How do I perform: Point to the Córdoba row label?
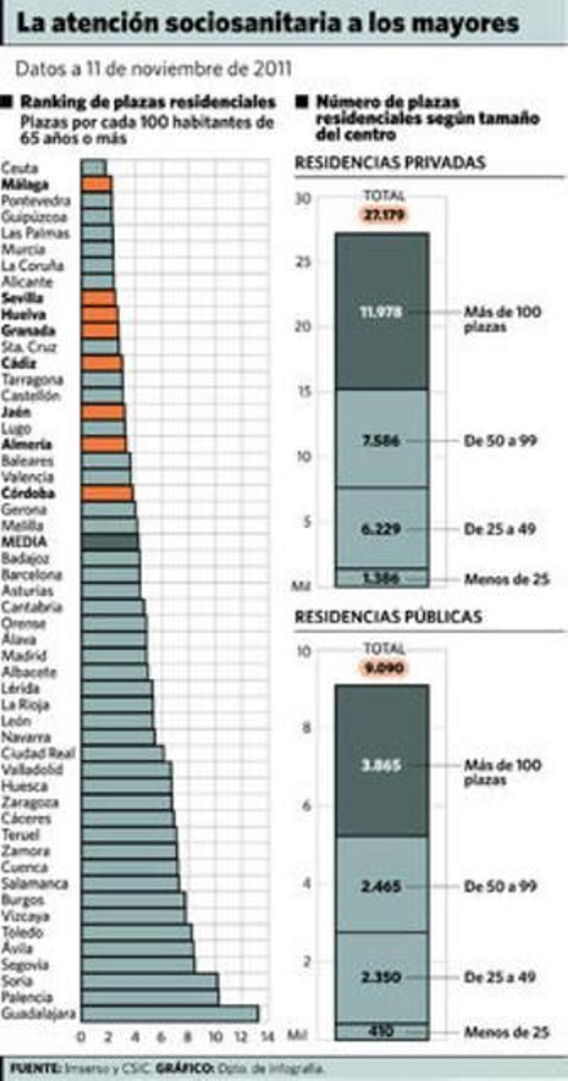point(28,493)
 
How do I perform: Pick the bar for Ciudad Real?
point(122,753)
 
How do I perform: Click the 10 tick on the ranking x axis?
point(215,1037)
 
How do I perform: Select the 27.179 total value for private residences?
point(384,215)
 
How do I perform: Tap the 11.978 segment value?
point(381,312)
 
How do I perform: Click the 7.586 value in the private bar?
point(381,441)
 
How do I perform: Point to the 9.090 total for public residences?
point(384,668)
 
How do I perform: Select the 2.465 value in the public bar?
point(381,886)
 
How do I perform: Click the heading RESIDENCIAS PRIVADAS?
point(390,163)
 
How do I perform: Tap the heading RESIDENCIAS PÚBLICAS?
point(388,617)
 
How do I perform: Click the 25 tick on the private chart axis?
point(304,262)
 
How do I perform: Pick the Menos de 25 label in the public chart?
point(506,1032)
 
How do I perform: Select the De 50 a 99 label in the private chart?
point(500,441)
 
